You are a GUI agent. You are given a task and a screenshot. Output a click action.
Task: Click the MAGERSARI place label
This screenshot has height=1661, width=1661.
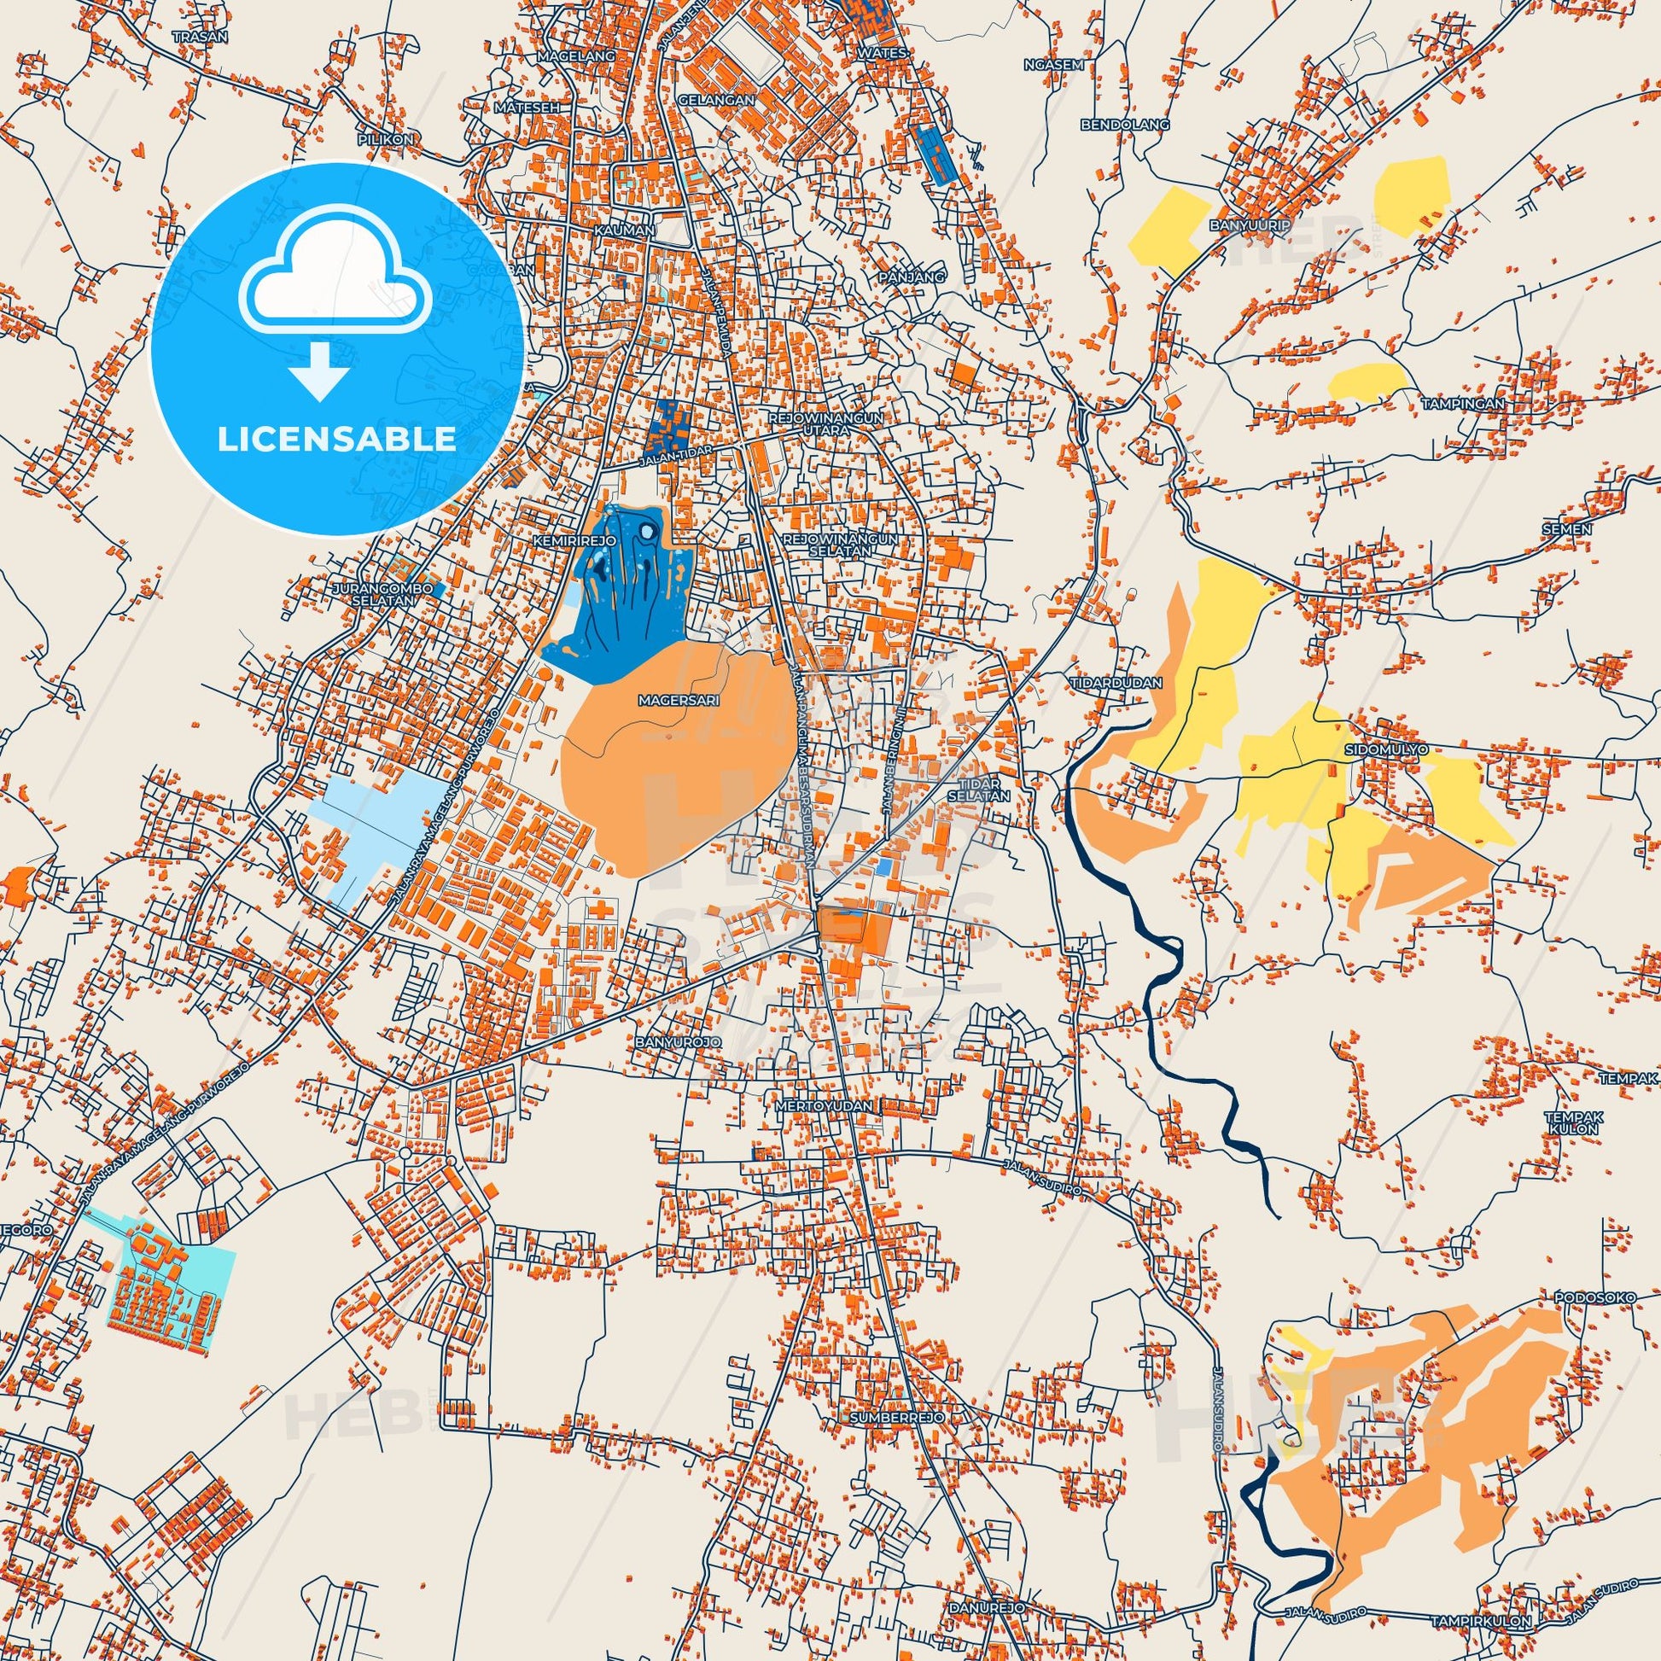[678, 701]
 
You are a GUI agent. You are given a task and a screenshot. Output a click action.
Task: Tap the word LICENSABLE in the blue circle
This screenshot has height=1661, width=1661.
[337, 439]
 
